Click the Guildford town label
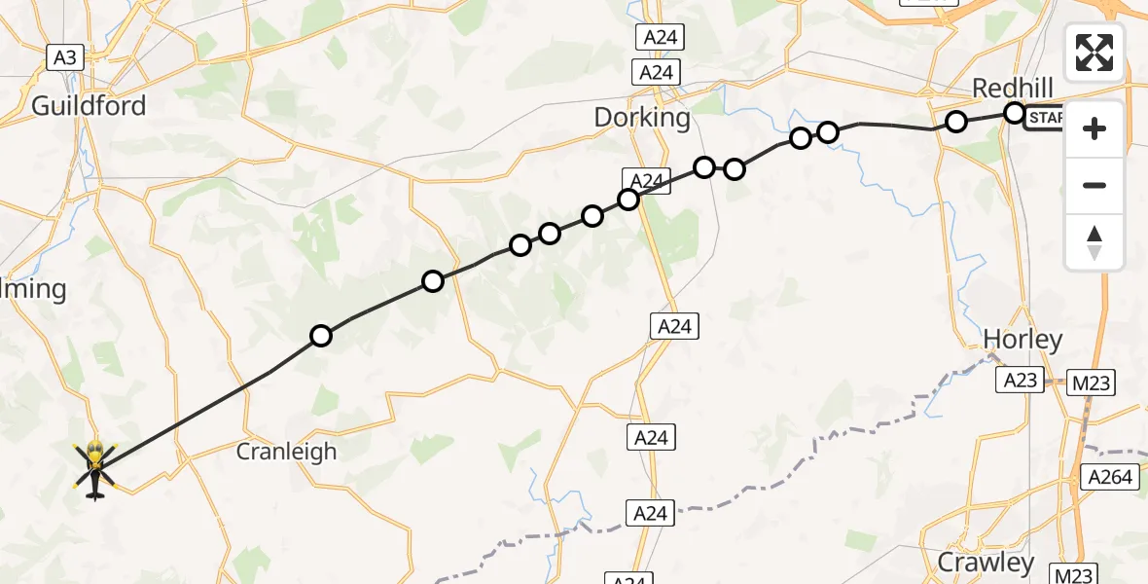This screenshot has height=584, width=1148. pyautogui.click(x=89, y=105)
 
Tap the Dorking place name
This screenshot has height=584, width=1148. pyautogui.click(x=642, y=119)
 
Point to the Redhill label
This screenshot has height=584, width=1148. pyautogui.click(x=1013, y=89)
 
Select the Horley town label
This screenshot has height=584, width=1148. pyautogui.click(x=1022, y=339)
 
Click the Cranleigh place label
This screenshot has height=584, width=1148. pyautogui.click(x=287, y=452)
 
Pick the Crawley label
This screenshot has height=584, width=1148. pyautogui.click(x=986, y=562)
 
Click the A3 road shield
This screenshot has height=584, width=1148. pyautogui.click(x=64, y=57)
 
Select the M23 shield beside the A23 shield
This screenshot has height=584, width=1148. pyautogui.click(x=1091, y=383)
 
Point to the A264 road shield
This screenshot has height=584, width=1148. pyautogui.click(x=1110, y=477)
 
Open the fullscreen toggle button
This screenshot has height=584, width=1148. pyautogui.click(x=1094, y=53)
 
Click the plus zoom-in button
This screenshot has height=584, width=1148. pyautogui.click(x=1094, y=128)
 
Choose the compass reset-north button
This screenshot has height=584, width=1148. pyautogui.click(x=1094, y=241)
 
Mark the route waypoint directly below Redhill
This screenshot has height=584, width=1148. pyautogui.click(x=1014, y=113)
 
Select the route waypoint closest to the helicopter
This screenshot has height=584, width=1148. pyautogui.click(x=320, y=336)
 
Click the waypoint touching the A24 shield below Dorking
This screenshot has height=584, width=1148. pyautogui.click(x=628, y=200)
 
